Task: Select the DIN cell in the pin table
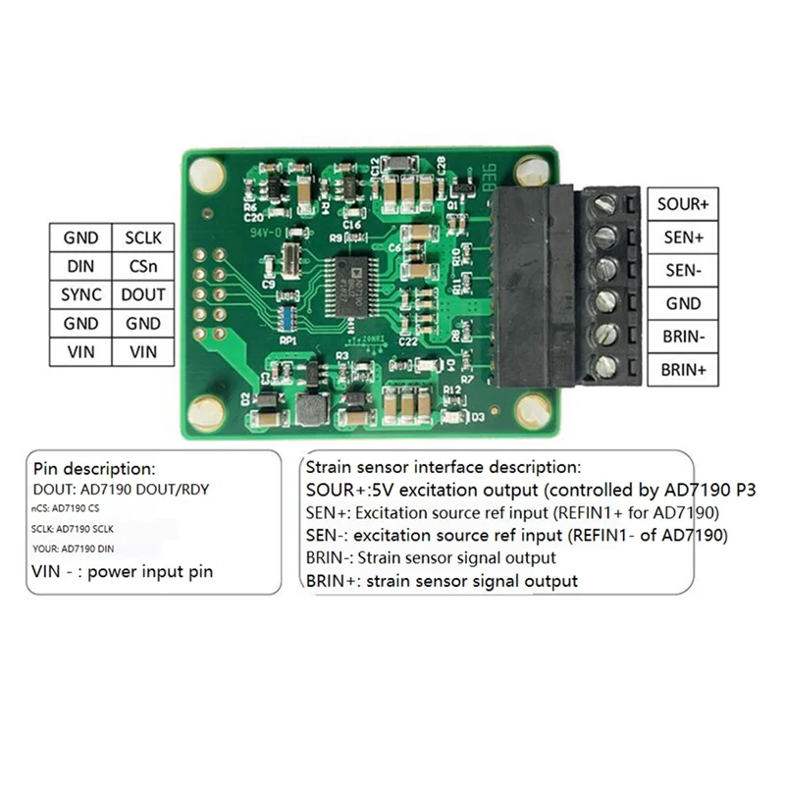pyautogui.click(x=80, y=266)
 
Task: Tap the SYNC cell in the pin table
pyautogui.click(x=80, y=294)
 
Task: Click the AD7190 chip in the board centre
pyautogui.click(x=349, y=285)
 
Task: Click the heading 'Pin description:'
pyautogui.click(x=94, y=469)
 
